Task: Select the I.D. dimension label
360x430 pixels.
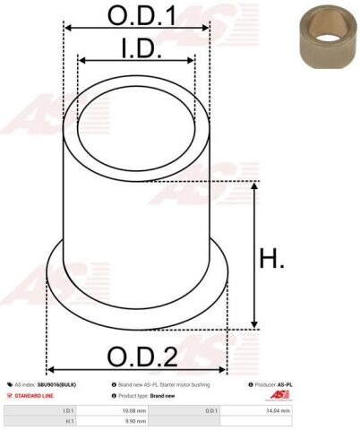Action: pos(136,46)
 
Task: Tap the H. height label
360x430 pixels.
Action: pos(272,259)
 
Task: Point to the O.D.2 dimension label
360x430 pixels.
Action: pos(141,356)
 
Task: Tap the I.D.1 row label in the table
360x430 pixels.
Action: pos(68,409)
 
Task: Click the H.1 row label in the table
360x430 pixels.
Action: pos(69,419)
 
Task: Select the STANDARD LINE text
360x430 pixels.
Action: pos(34,395)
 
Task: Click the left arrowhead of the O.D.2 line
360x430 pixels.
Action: pos(51,369)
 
